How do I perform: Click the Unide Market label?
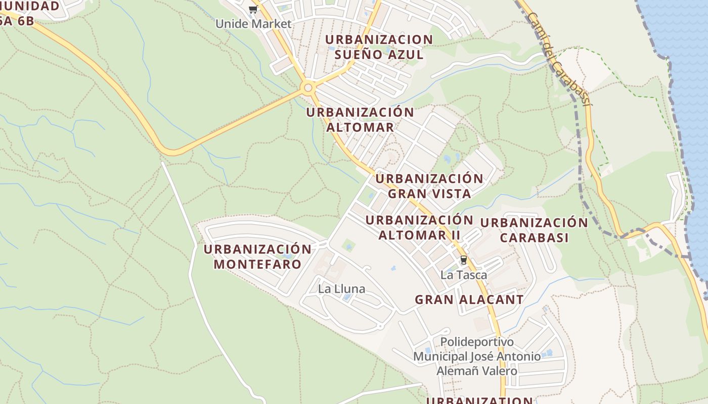coord(253,24)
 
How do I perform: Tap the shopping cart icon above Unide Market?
coord(253,9)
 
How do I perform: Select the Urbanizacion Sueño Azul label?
coord(379,47)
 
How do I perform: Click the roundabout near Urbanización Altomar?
coord(307,88)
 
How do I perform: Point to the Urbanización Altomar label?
coord(360,120)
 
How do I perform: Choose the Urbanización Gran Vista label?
coord(429,186)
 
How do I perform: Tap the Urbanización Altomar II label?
coord(419,227)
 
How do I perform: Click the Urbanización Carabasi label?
coord(534,230)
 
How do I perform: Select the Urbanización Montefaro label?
coord(257,257)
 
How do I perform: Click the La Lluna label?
coord(341,289)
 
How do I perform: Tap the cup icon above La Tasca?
coord(463,261)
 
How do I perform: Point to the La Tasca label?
coord(463,275)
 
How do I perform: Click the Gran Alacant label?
coord(469,299)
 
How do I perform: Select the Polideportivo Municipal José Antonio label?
coord(477,349)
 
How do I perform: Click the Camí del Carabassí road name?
coord(558,58)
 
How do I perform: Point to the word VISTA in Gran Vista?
coord(448,193)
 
